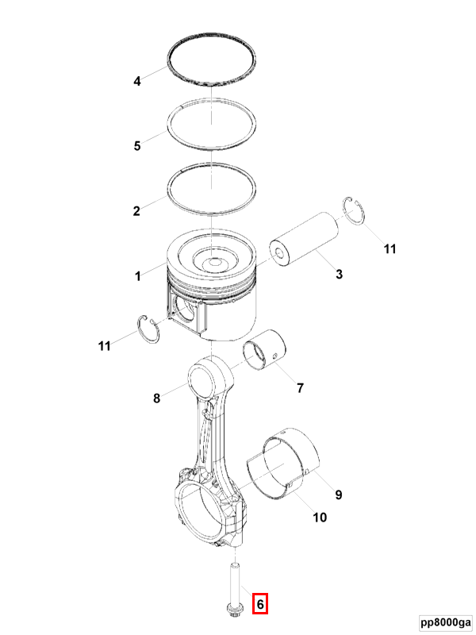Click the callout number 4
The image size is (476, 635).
(x=137, y=82)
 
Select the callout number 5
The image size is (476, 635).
(x=137, y=146)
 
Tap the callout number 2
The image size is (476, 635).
(x=136, y=211)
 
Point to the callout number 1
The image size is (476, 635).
(x=138, y=276)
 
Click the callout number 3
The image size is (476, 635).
(x=340, y=274)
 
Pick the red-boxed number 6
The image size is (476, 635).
(x=260, y=604)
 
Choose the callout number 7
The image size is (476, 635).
(x=300, y=388)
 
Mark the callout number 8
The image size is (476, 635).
(x=156, y=398)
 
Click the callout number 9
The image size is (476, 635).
(x=339, y=495)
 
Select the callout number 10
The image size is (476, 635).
(x=320, y=518)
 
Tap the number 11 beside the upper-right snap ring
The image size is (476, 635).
(x=390, y=248)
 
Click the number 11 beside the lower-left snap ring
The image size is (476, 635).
(x=105, y=346)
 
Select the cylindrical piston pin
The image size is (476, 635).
(x=304, y=239)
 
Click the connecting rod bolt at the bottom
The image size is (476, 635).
(x=234, y=588)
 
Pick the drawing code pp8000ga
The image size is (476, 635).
(x=446, y=622)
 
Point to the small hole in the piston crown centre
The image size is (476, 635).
(x=213, y=262)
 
